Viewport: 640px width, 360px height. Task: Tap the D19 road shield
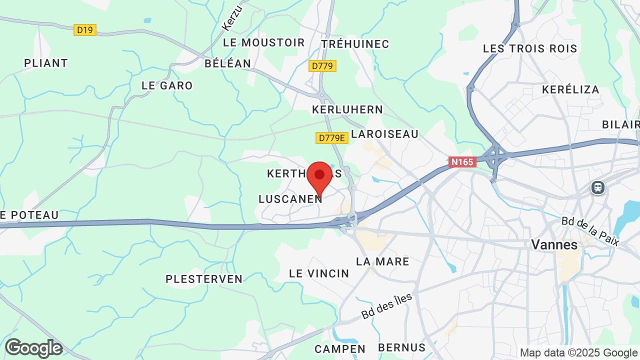point(85,30)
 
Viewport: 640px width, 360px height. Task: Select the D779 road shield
point(322,66)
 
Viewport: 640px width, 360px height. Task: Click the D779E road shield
point(331,138)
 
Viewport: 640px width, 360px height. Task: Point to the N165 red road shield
point(461,162)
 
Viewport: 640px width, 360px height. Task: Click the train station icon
point(597,187)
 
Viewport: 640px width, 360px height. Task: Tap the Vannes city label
point(554,245)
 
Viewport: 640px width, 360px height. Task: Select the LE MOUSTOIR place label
point(263,43)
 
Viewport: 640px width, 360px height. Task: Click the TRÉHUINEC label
point(355,44)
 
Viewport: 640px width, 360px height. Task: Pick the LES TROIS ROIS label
point(530,49)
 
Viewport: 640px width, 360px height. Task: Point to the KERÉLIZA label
point(570,90)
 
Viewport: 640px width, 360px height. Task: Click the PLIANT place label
point(46,63)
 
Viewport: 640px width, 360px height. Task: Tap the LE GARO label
point(167,85)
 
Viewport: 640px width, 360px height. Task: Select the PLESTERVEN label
point(204,279)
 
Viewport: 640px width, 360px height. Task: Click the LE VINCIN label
point(319,273)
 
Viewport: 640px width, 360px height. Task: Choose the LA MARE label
point(382,261)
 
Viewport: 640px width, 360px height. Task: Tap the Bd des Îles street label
point(386,306)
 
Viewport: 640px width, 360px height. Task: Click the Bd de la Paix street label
point(590,231)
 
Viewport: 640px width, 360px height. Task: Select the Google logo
point(33,348)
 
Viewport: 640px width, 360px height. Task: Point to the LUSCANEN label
point(290,199)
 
